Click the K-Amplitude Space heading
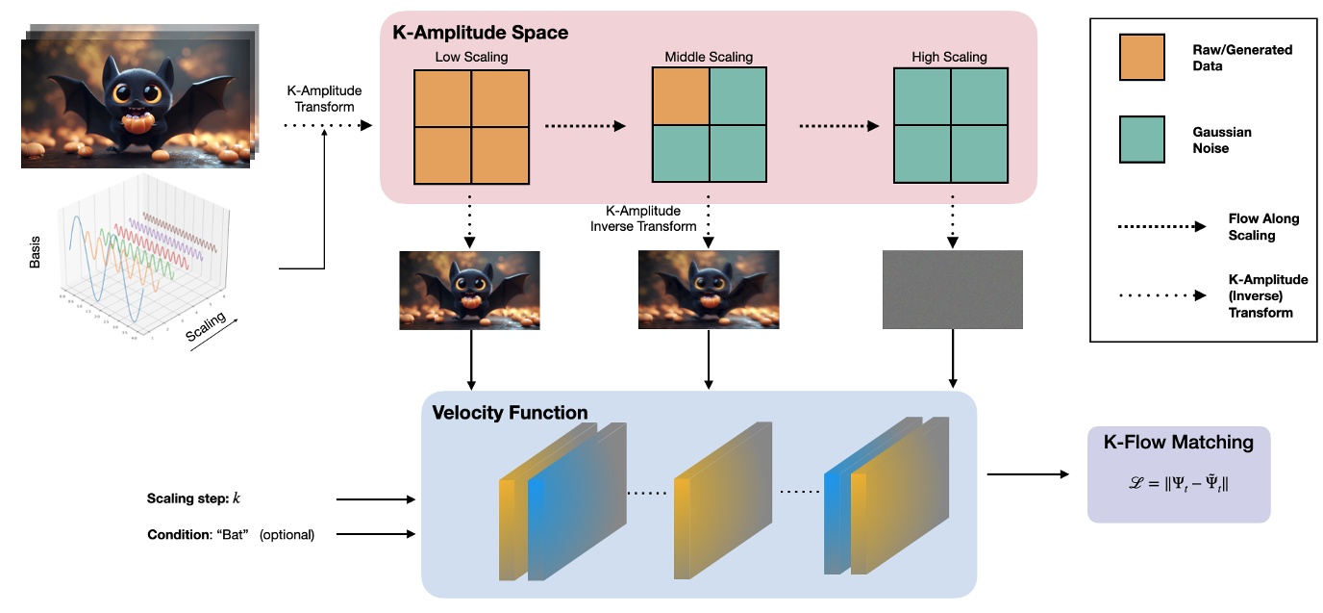480,33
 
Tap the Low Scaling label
471,58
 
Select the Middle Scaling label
710,58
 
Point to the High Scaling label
949,58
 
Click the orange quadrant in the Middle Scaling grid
681,97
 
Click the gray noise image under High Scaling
953,289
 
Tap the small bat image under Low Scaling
469,290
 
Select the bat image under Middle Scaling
709,290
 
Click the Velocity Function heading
510,413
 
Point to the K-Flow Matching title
1178,443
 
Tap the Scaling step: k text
193,498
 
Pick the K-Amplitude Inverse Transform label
643,218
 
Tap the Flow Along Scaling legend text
1262,226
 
